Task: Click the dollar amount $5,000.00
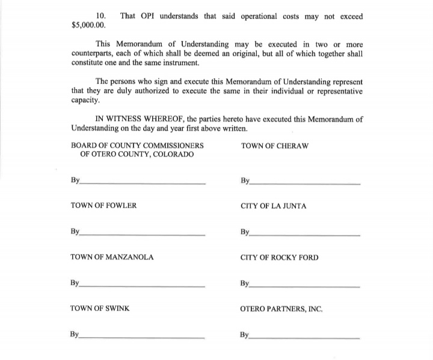point(88,25)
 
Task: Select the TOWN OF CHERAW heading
point(274,145)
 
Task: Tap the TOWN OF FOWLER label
point(103,205)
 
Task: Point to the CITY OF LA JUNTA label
point(273,206)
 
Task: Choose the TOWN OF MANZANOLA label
point(112,257)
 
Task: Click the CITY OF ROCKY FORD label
point(279,258)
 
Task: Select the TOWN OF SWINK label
point(100,309)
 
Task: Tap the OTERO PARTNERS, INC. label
point(281,309)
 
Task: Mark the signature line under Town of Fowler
point(143,234)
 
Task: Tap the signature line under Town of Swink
point(143,338)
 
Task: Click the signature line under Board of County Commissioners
point(143,183)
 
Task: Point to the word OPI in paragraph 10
point(148,16)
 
